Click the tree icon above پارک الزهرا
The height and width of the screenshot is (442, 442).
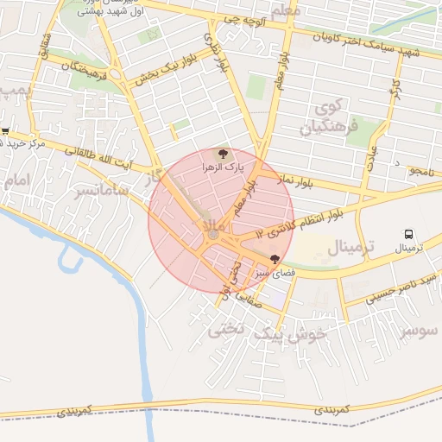pos(224,152)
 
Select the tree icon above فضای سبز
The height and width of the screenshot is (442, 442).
pos(275,259)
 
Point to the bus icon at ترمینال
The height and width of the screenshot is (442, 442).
pos(408,234)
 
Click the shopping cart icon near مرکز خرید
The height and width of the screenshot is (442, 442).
pos(5,131)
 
